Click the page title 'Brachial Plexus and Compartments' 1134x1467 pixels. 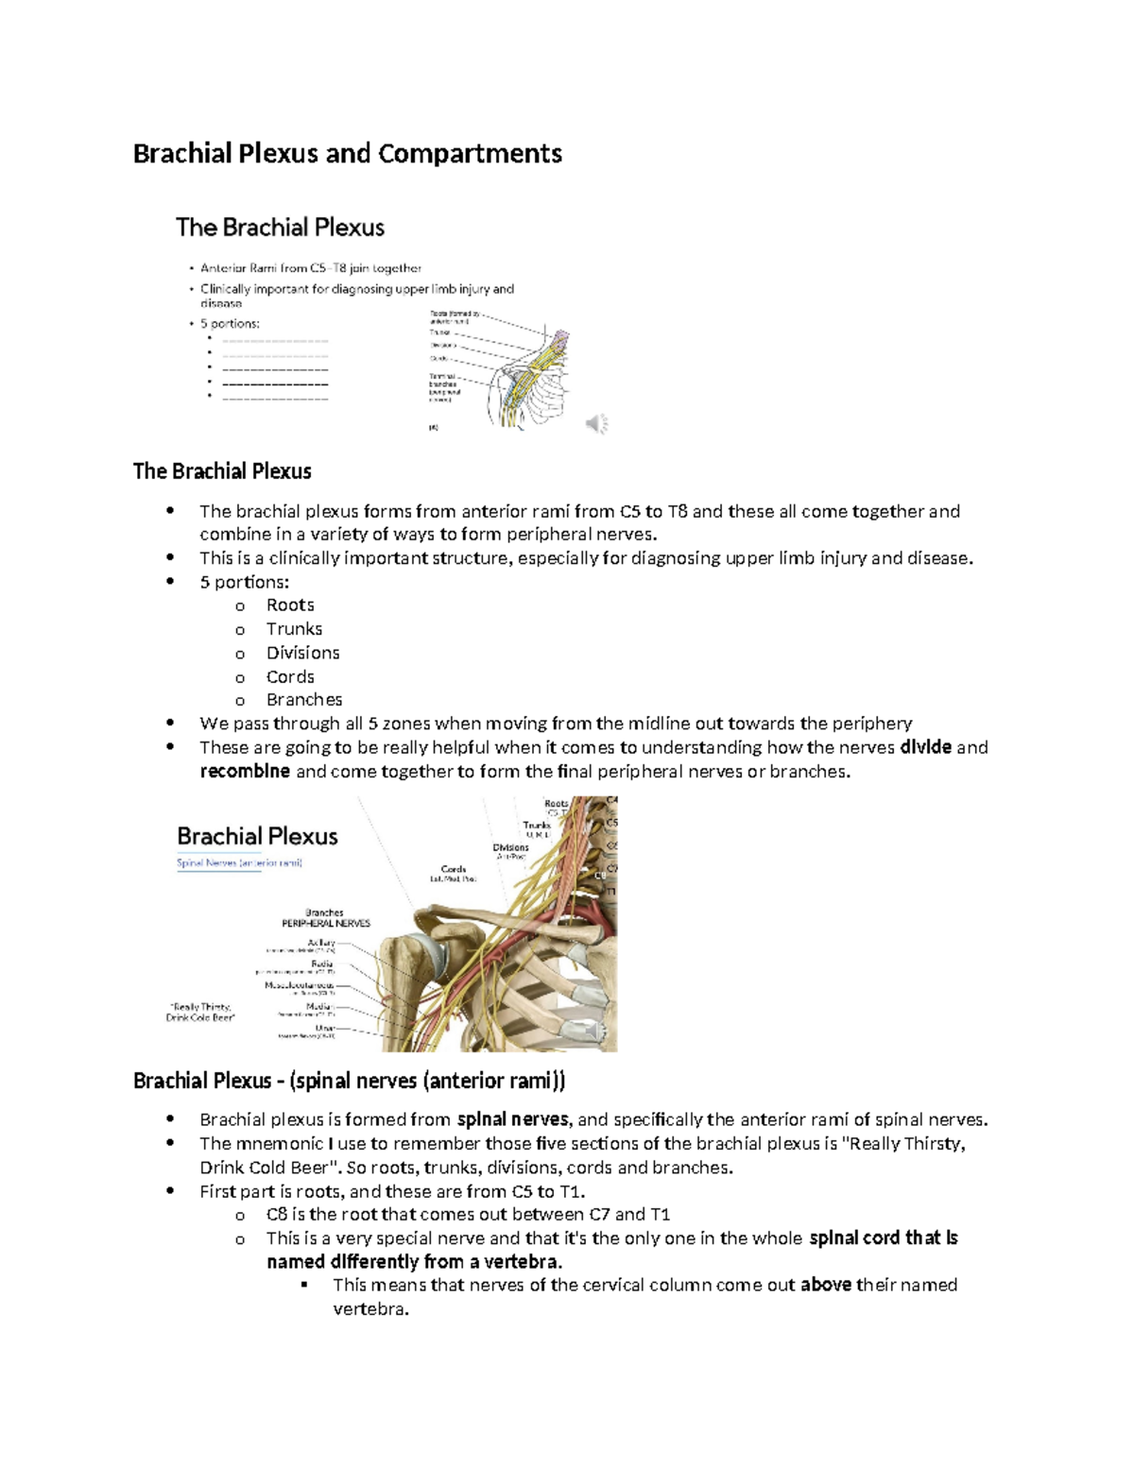tap(347, 153)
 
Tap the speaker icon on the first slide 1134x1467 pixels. tap(596, 424)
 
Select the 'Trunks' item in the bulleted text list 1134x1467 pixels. tap(294, 629)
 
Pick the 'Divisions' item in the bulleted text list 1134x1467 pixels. tap(302, 653)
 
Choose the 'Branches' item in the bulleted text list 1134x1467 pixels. tap(303, 700)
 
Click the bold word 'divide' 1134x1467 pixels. tap(925, 748)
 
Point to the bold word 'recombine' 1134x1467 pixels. tap(245, 772)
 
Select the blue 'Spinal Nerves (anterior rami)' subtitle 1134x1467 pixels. tap(239, 862)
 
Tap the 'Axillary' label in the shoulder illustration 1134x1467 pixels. tap(321, 943)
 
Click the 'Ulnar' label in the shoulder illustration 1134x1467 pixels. tap(325, 1028)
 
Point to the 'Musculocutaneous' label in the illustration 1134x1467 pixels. tap(300, 985)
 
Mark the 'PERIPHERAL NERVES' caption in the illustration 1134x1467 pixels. tap(325, 923)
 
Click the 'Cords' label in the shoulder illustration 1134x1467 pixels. tap(454, 869)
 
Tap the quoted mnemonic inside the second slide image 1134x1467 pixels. tap(200, 1012)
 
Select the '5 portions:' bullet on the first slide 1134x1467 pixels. tap(230, 323)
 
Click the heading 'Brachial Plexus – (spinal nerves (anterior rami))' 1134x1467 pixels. tap(349, 1081)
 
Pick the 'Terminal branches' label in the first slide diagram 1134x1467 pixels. tap(443, 380)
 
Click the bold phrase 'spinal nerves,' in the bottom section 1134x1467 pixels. tap(514, 1120)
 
